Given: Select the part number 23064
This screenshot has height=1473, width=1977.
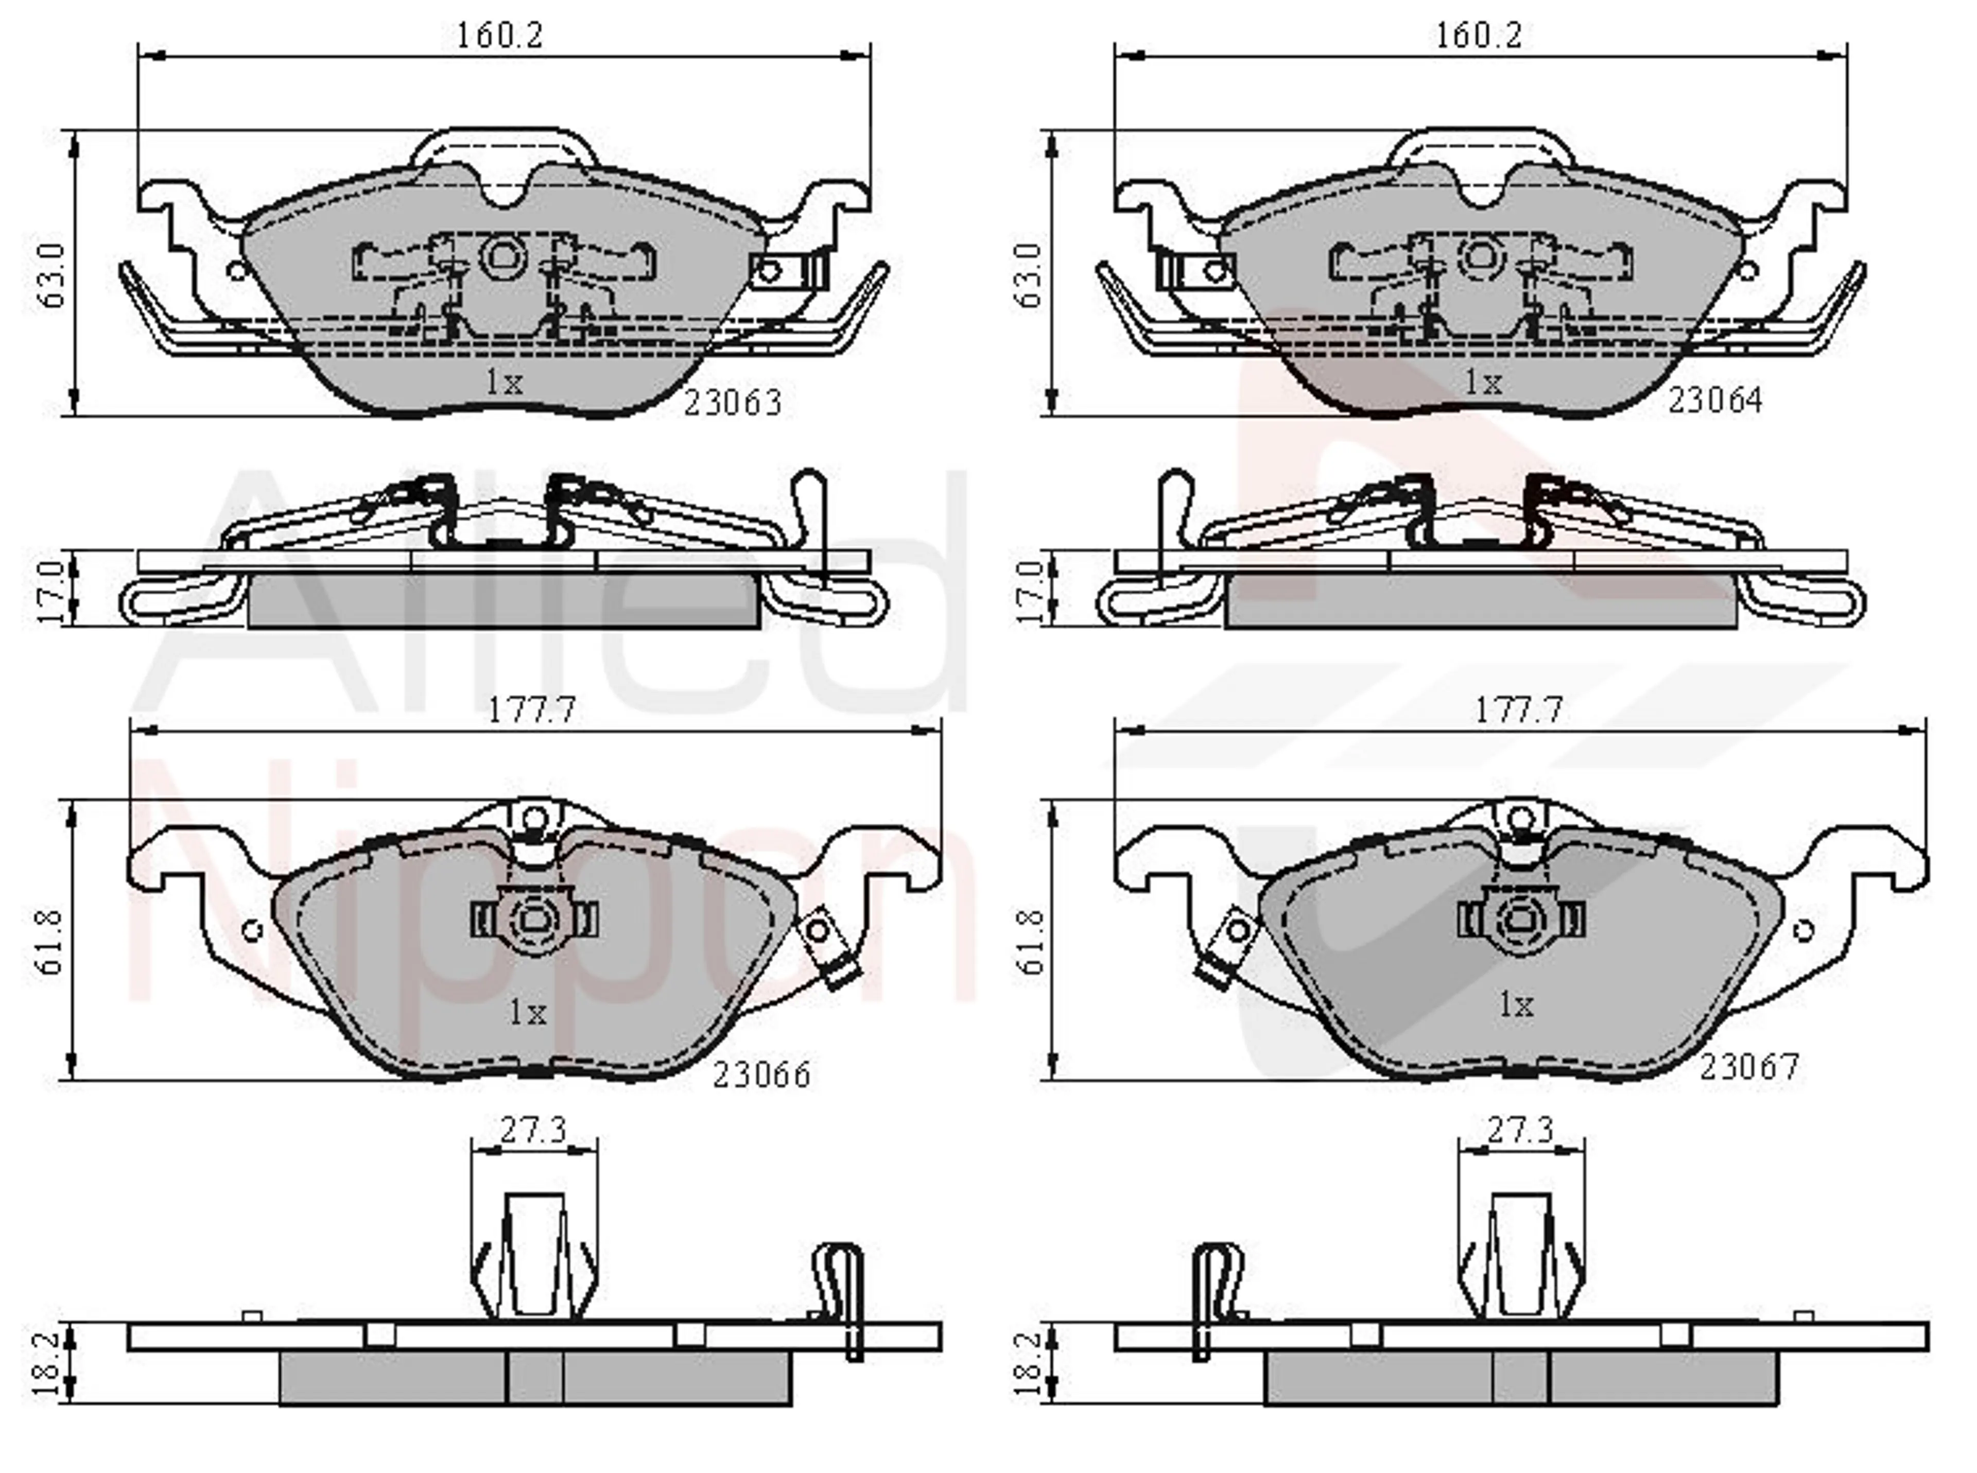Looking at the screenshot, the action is click(1715, 401).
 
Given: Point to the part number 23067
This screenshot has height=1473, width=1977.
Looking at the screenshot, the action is click(1749, 1067).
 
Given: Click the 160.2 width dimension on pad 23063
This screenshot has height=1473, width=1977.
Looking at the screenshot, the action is click(499, 36).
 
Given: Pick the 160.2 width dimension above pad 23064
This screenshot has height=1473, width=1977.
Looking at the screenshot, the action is click(1478, 36).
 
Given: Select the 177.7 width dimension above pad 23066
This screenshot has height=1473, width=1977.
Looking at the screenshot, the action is click(532, 710).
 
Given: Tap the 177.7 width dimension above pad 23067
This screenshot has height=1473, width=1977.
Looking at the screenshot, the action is click(1519, 710).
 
